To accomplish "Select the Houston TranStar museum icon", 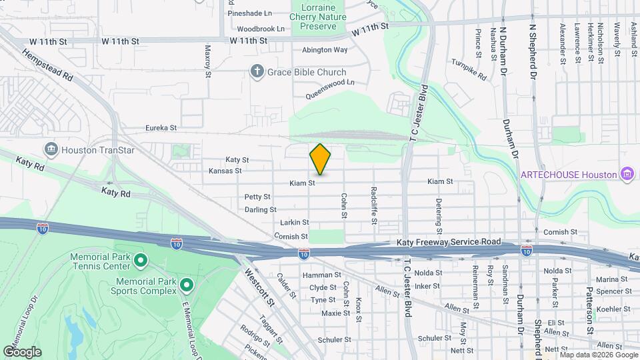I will tap(51, 150).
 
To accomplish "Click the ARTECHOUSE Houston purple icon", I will tap(626, 175).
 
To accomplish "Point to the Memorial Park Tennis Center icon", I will tap(141, 259).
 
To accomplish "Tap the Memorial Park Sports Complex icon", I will tap(187, 285).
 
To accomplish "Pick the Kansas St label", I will tap(225, 171).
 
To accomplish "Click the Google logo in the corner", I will tap(22, 351).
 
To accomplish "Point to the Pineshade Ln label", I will tap(249, 13).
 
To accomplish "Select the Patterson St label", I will tap(589, 302).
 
